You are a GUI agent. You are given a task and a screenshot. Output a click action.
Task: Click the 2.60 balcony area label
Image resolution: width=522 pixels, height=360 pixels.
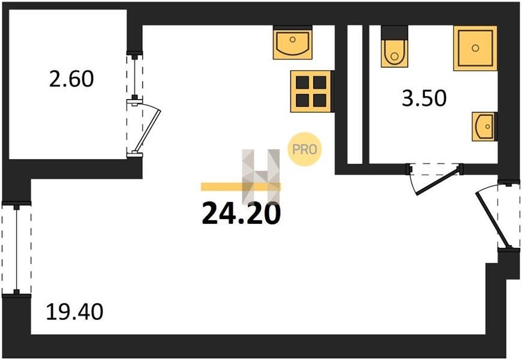pyautogui.click(x=72, y=79)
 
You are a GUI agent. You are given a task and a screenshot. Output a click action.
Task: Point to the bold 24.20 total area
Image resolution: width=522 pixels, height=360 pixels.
pyautogui.click(x=241, y=214)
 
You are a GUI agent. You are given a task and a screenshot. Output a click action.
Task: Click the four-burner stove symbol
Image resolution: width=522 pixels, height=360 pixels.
pyautogui.click(x=311, y=91)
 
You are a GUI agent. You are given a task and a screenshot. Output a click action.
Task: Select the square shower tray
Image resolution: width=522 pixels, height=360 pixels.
pyautogui.click(x=475, y=48)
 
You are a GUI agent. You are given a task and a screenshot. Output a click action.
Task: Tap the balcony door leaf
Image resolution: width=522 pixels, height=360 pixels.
pyautogui.click(x=146, y=130)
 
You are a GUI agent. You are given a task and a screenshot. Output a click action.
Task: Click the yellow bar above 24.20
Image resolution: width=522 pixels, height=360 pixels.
pyautogui.click(x=240, y=186)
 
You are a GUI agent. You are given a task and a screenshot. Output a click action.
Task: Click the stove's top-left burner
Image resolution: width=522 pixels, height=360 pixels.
pyautogui.click(x=302, y=81)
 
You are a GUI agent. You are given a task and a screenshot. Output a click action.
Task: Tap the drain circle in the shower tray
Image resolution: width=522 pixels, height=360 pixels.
pyautogui.click(x=475, y=48)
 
